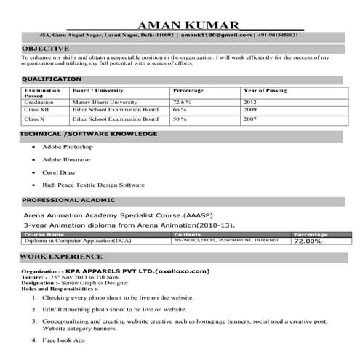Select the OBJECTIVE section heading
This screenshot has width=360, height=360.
(45, 48)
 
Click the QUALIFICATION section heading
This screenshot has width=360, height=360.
(51, 79)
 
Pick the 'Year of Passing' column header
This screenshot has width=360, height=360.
(265, 91)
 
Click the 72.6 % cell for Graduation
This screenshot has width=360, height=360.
(183, 103)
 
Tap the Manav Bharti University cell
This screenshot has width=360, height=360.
(105, 103)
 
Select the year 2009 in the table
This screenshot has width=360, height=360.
(250, 110)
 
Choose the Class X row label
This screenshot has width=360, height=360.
(35, 118)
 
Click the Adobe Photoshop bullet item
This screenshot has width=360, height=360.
(68, 146)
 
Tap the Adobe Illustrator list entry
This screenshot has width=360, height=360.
(67, 159)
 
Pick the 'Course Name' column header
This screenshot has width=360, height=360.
(44, 234)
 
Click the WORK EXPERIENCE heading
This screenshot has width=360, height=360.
(61, 257)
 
